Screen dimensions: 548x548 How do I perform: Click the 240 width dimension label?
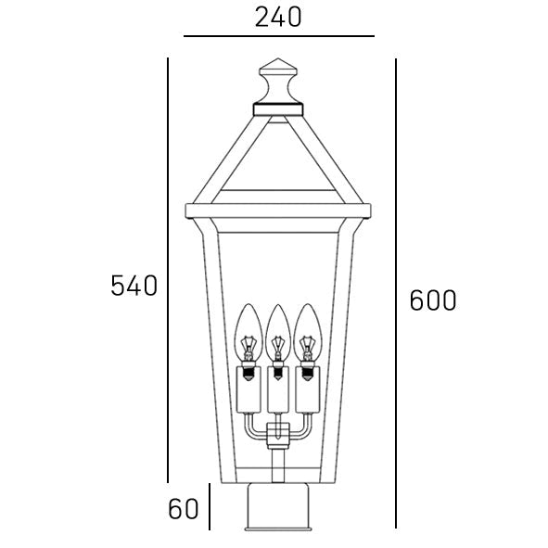pos(277,17)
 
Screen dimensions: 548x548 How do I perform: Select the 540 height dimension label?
pos(134,286)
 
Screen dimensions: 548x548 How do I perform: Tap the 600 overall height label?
pos(433,300)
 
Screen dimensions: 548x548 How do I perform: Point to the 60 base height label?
pos(184,508)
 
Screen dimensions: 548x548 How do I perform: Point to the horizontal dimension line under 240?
pos(278,36)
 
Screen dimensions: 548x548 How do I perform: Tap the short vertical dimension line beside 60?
pos(210,507)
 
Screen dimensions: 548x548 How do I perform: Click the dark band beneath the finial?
pos(276,108)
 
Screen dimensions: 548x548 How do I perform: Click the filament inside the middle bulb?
pos(276,349)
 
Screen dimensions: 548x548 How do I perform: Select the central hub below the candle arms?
pos(275,436)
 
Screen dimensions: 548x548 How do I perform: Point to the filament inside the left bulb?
pos(248,349)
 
